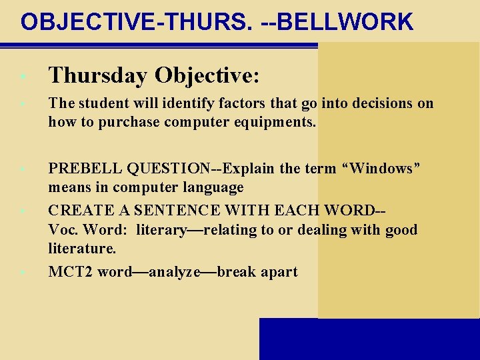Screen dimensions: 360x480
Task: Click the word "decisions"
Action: click(379, 103)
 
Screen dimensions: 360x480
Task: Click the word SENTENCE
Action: click(172, 211)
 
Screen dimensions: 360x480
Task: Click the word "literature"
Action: click(81, 249)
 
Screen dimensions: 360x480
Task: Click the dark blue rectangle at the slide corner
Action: click(369, 339)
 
